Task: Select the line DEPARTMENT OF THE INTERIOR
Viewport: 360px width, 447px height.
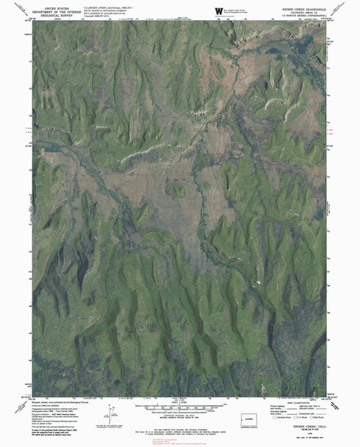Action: tap(61, 10)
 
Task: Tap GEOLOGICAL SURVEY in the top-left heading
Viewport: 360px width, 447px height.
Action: tap(61, 13)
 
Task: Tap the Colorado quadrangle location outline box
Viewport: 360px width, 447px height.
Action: tap(250, 418)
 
